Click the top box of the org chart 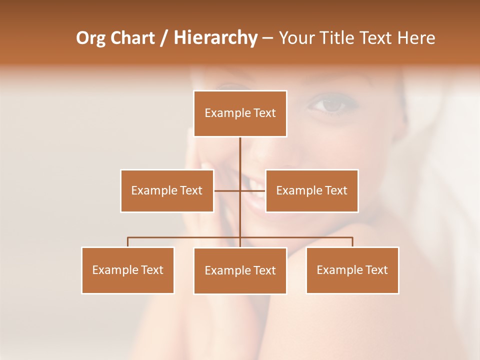click(x=240, y=113)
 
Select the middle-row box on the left click(x=167, y=190)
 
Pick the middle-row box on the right click(x=311, y=190)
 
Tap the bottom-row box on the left click(x=128, y=270)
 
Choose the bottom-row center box click(x=240, y=270)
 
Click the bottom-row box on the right click(x=352, y=270)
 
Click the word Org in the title click(x=90, y=38)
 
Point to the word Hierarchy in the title click(x=215, y=38)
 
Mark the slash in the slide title click(x=164, y=38)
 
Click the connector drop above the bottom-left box click(x=128, y=242)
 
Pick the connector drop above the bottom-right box click(x=352, y=242)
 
